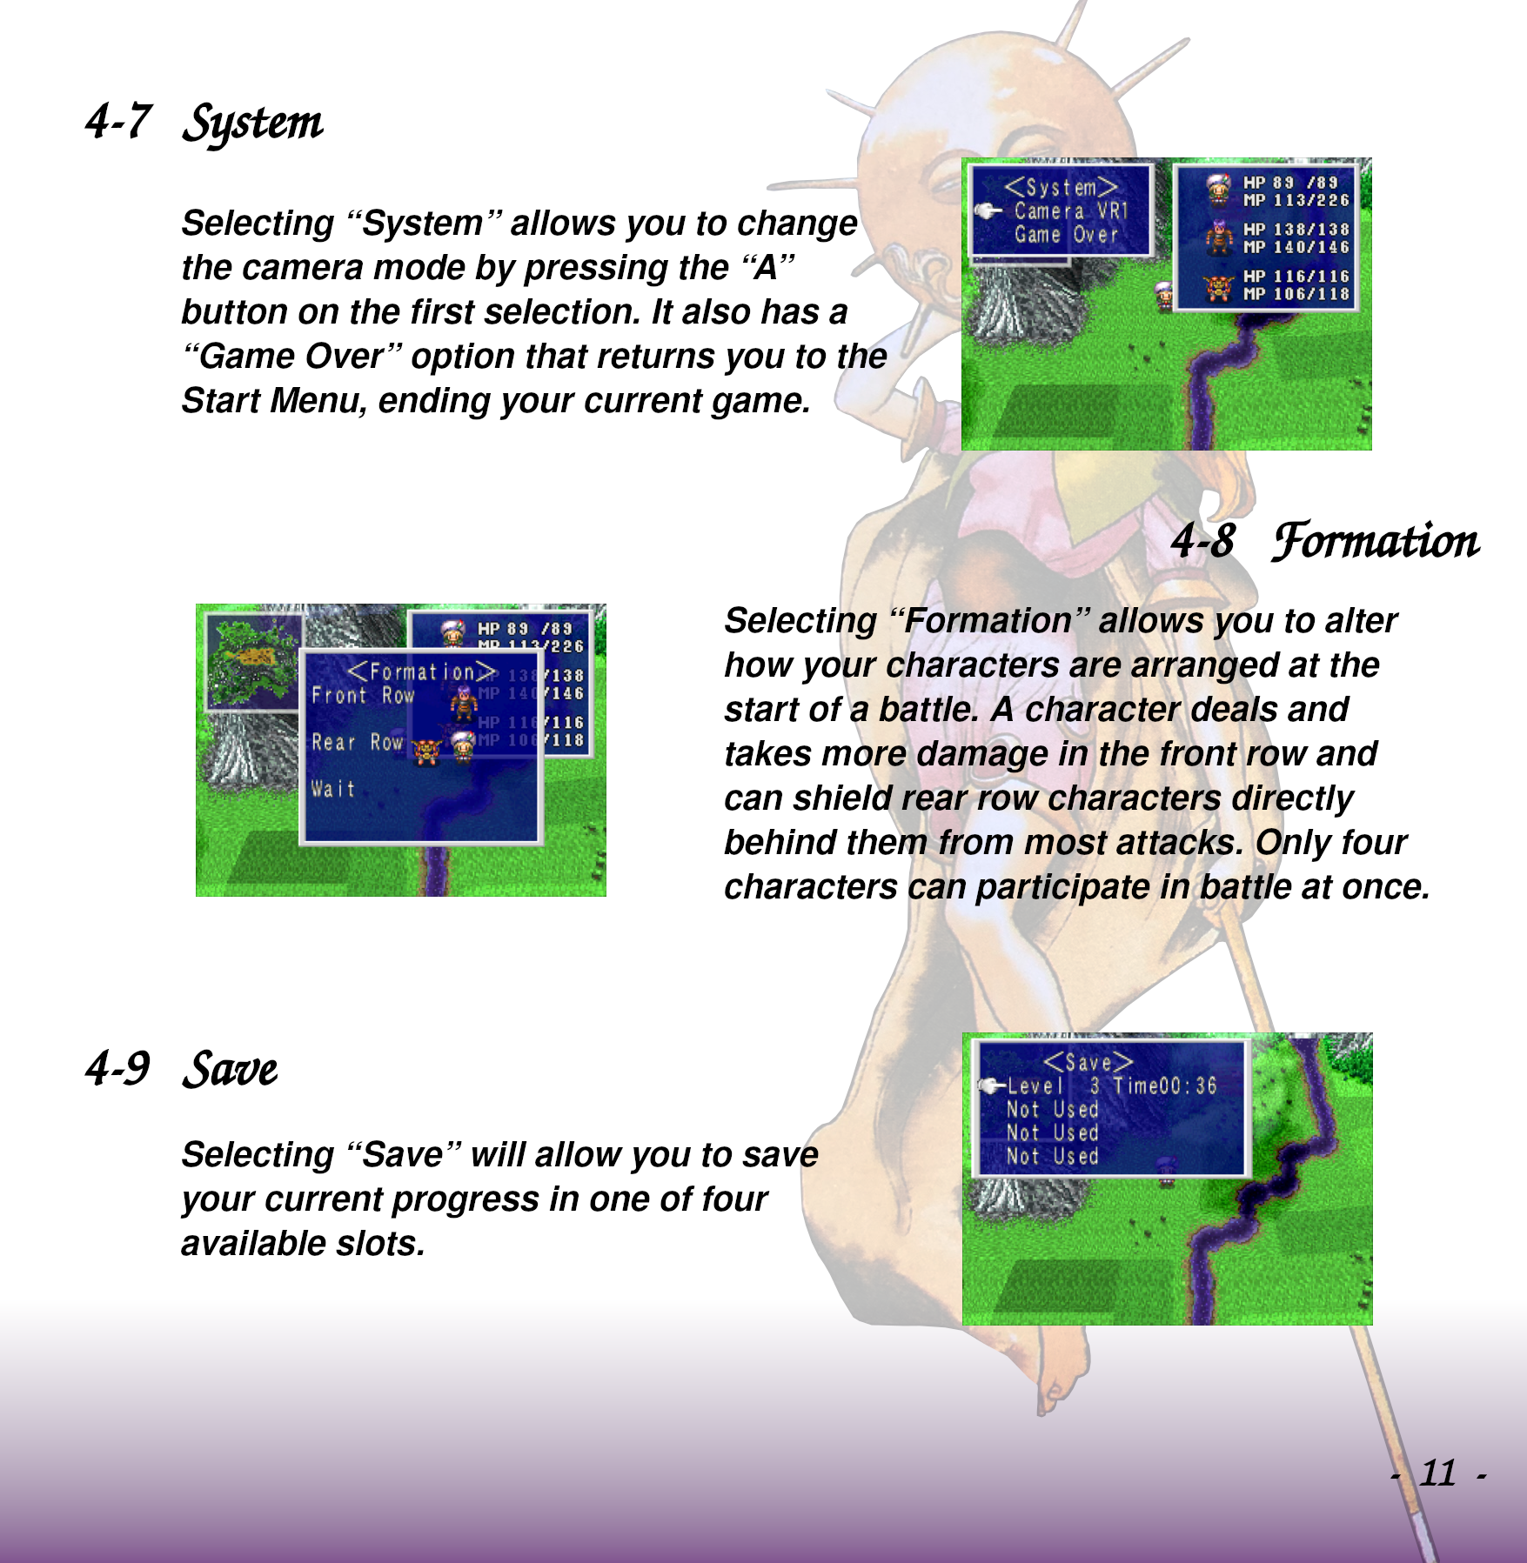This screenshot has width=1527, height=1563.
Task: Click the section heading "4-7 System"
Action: pos(204,123)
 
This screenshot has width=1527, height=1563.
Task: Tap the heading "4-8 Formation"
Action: pos(1324,540)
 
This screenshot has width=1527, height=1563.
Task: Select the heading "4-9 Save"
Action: pos(181,1069)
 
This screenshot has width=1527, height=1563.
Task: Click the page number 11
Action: pos(1437,1473)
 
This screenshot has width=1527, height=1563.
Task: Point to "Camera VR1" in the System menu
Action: pos(1071,211)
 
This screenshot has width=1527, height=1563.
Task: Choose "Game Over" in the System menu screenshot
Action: pos(1066,235)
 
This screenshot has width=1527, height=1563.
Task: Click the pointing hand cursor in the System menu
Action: pos(988,210)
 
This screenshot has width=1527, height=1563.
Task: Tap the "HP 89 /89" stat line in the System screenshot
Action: pos(1290,183)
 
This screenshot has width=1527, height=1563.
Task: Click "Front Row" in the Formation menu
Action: pos(363,696)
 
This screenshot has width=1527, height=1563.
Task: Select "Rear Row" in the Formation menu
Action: pos(358,742)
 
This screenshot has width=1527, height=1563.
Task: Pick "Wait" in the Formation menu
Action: pos(333,789)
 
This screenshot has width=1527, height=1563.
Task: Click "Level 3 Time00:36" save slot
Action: pos(1111,1085)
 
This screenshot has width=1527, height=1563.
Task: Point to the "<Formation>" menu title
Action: pos(422,671)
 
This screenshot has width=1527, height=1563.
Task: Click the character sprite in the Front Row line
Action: pos(464,703)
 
